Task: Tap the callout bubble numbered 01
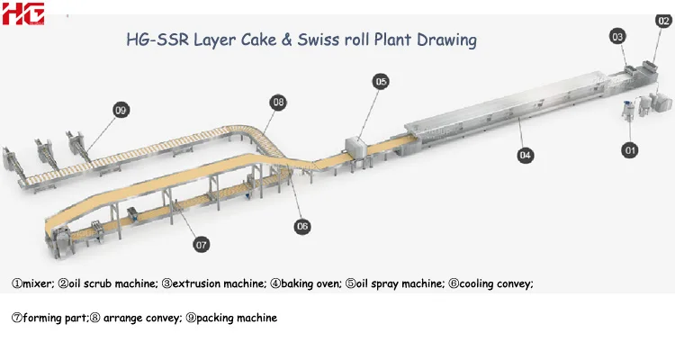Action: pyautogui.click(x=630, y=149)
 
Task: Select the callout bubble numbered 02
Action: pyautogui.click(x=663, y=20)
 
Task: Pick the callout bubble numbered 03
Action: pyautogui.click(x=617, y=37)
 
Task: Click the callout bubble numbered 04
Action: pyautogui.click(x=526, y=155)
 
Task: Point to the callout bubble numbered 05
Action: pyautogui.click(x=381, y=82)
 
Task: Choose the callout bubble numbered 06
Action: pyautogui.click(x=302, y=225)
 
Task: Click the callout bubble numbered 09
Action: pyautogui.click(x=121, y=110)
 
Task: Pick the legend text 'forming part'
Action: pyautogui.click(x=53, y=318)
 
